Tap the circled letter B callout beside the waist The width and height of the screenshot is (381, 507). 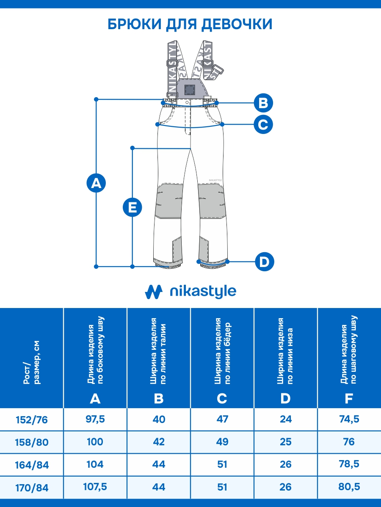[x=263, y=103]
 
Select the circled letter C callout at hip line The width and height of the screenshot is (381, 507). [x=263, y=125]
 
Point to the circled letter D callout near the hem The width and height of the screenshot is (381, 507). [x=265, y=262]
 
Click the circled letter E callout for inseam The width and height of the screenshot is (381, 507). [x=132, y=207]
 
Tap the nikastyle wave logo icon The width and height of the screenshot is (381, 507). [x=154, y=292]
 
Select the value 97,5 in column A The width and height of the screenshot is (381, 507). [x=95, y=419]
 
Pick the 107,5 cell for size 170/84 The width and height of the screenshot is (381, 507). [x=95, y=487]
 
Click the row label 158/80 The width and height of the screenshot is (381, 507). [x=31, y=442]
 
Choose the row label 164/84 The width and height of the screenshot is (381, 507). [x=31, y=465]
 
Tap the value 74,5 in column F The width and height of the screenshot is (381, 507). [x=349, y=419]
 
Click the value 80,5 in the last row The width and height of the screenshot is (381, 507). [x=349, y=487]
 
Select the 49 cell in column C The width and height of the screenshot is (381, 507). [x=222, y=442]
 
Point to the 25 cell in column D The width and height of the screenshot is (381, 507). [x=286, y=442]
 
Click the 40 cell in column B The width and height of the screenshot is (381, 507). [x=159, y=419]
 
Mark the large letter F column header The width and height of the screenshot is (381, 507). [x=349, y=398]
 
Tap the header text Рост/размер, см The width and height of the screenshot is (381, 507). [x=31, y=364]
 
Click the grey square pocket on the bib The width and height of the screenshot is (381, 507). [x=190, y=89]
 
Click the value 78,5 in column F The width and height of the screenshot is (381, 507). [x=349, y=464]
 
